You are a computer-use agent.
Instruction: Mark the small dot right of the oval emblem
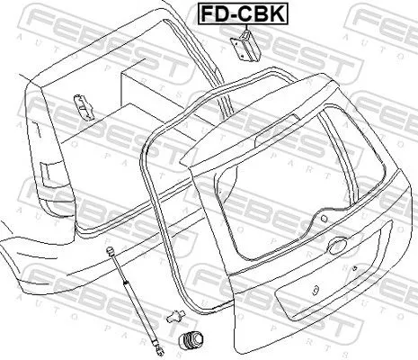358,267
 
